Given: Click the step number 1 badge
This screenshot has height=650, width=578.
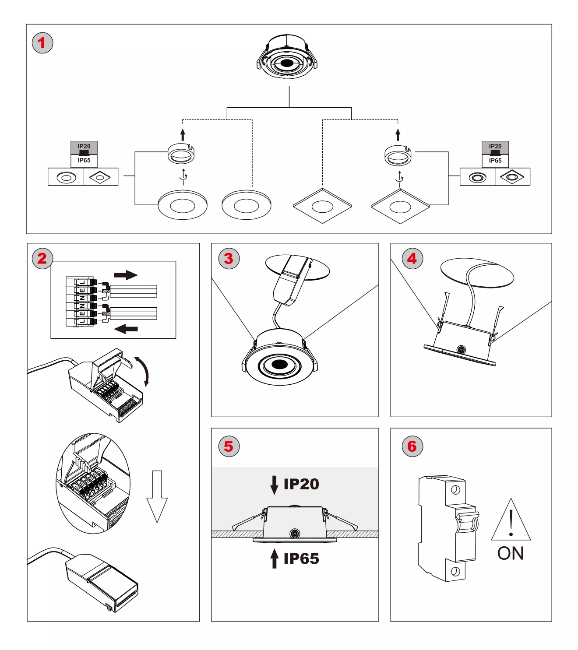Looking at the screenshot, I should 42,43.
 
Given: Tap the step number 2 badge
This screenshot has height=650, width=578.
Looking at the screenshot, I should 42,258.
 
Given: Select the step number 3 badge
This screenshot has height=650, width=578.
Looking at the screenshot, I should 229,258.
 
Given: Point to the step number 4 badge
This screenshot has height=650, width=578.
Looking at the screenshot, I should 412,258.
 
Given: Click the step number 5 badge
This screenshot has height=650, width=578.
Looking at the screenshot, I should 229,446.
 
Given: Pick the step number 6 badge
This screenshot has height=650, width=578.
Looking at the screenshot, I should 412,446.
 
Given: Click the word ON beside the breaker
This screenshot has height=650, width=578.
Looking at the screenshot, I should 511,553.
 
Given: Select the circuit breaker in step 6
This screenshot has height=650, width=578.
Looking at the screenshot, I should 448,528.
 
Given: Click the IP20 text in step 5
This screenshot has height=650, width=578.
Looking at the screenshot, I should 301,484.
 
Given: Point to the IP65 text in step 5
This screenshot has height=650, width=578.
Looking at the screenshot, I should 301,559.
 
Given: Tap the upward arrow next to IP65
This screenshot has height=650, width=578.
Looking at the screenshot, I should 274,559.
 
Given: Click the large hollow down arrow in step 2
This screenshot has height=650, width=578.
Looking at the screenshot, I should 157,496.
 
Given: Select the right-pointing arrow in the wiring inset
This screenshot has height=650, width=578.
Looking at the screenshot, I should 126,275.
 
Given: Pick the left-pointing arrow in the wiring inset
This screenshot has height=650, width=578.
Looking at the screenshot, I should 126,329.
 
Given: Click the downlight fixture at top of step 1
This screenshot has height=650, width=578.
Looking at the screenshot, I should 287,57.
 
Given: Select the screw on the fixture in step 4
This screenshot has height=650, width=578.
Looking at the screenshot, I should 460,350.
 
